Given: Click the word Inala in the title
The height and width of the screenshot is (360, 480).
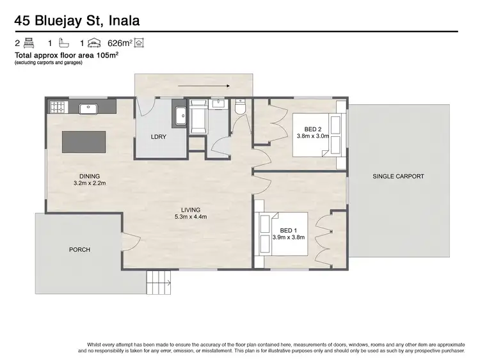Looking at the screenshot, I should point(119,22).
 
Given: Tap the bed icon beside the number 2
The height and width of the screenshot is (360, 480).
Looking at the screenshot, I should point(29,44).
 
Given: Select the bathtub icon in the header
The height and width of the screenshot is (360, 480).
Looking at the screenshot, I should point(63,44).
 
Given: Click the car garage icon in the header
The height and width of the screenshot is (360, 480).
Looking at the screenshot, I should point(93,44).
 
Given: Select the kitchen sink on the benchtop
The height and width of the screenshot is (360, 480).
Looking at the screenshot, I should point(88,108).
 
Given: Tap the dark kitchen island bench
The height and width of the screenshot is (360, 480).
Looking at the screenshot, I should point(83,141).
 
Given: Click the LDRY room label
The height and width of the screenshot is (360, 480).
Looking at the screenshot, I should point(158,137).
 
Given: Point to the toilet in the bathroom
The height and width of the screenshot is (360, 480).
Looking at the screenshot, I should point(241,109).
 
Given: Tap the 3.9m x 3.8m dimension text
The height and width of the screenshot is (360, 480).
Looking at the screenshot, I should point(289,237).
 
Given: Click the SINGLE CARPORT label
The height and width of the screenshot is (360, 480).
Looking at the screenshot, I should point(398,176).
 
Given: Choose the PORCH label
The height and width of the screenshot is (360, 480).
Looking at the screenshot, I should point(79,249).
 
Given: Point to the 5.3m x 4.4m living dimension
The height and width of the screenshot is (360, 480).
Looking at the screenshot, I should point(191,217).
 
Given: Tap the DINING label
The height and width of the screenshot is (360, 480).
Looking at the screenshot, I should point(90,176).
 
